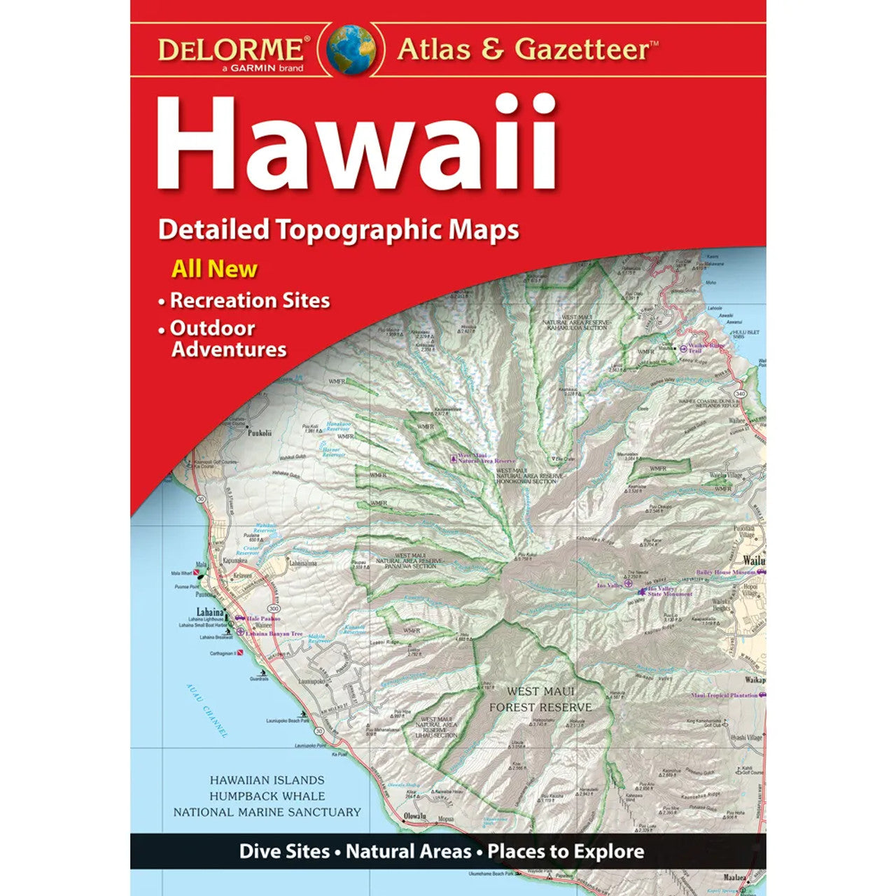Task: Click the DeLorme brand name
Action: pyautogui.click(x=230, y=49)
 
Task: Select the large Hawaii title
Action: pyautogui.click(x=356, y=145)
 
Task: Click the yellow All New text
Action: pyautogui.click(x=214, y=269)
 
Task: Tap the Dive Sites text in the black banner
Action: pyautogui.click(x=284, y=851)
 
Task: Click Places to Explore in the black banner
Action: pyautogui.click(x=566, y=851)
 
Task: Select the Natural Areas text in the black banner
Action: pyautogui.click(x=409, y=851)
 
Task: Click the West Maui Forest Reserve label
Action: pyautogui.click(x=540, y=699)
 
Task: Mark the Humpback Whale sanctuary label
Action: pyautogui.click(x=267, y=796)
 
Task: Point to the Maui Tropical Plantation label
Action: pyautogui.click(x=724, y=695)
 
